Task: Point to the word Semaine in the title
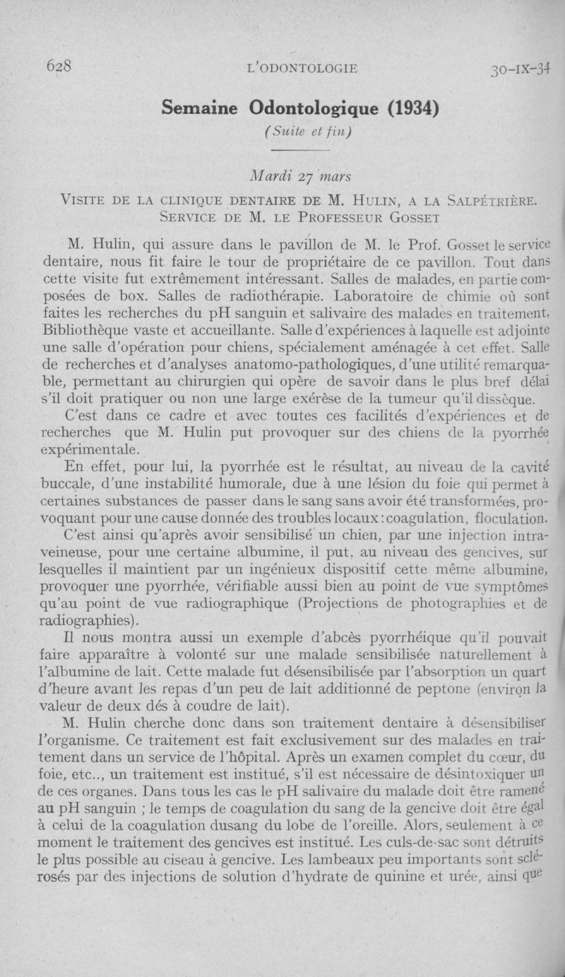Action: click(x=202, y=107)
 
